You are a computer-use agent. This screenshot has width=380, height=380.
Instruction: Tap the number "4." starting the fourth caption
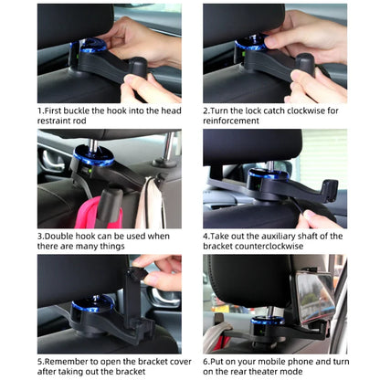click(x=206, y=235)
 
